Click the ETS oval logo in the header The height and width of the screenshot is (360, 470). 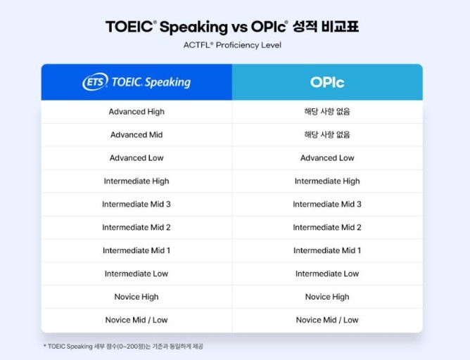pyautogui.click(x=95, y=82)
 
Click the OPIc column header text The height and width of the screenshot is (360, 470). pyautogui.click(x=327, y=82)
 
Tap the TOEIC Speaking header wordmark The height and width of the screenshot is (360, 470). pyautogui.click(x=151, y=82)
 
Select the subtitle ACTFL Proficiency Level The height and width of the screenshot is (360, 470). pyautogui.click(x=232, y=45)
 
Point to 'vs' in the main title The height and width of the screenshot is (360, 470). pyautogui.click(x=239, y=27)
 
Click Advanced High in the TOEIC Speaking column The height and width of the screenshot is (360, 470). pyautogui.click(x=136, y=112)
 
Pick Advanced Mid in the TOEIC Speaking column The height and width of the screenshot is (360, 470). pyautogui.click(x=136, y=135)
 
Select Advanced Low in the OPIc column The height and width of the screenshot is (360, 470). pyautogui.click(x=327, y=157)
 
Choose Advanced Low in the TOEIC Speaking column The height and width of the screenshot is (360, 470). pyautogui.click(x=136, y=157)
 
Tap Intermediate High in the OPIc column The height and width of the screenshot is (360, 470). pyautogui.click(x=327, y=181)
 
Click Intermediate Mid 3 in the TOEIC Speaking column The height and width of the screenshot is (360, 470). pyautogui.click(x=136, y=205)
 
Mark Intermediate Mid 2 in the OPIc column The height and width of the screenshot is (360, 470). pyautogui.click(x=327, y=227)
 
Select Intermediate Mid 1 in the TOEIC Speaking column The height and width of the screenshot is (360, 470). pyautogui.click(x=136, y=250)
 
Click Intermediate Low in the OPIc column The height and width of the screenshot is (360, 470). pyautogui.click(x=327, y=274)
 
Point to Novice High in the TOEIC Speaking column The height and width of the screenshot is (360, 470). pyautogui.click(x=136, y=297)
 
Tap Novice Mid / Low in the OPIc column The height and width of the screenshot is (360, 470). pyautogui.click(x=327, y=320)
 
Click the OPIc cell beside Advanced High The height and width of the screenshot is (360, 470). pyautogui.click(x=327, y=112)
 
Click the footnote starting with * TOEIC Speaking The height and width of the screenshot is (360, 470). pyautogui.click(x=123, y=347)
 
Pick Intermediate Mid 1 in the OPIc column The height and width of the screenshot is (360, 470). pyautogui.click(x=327, y=250)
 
